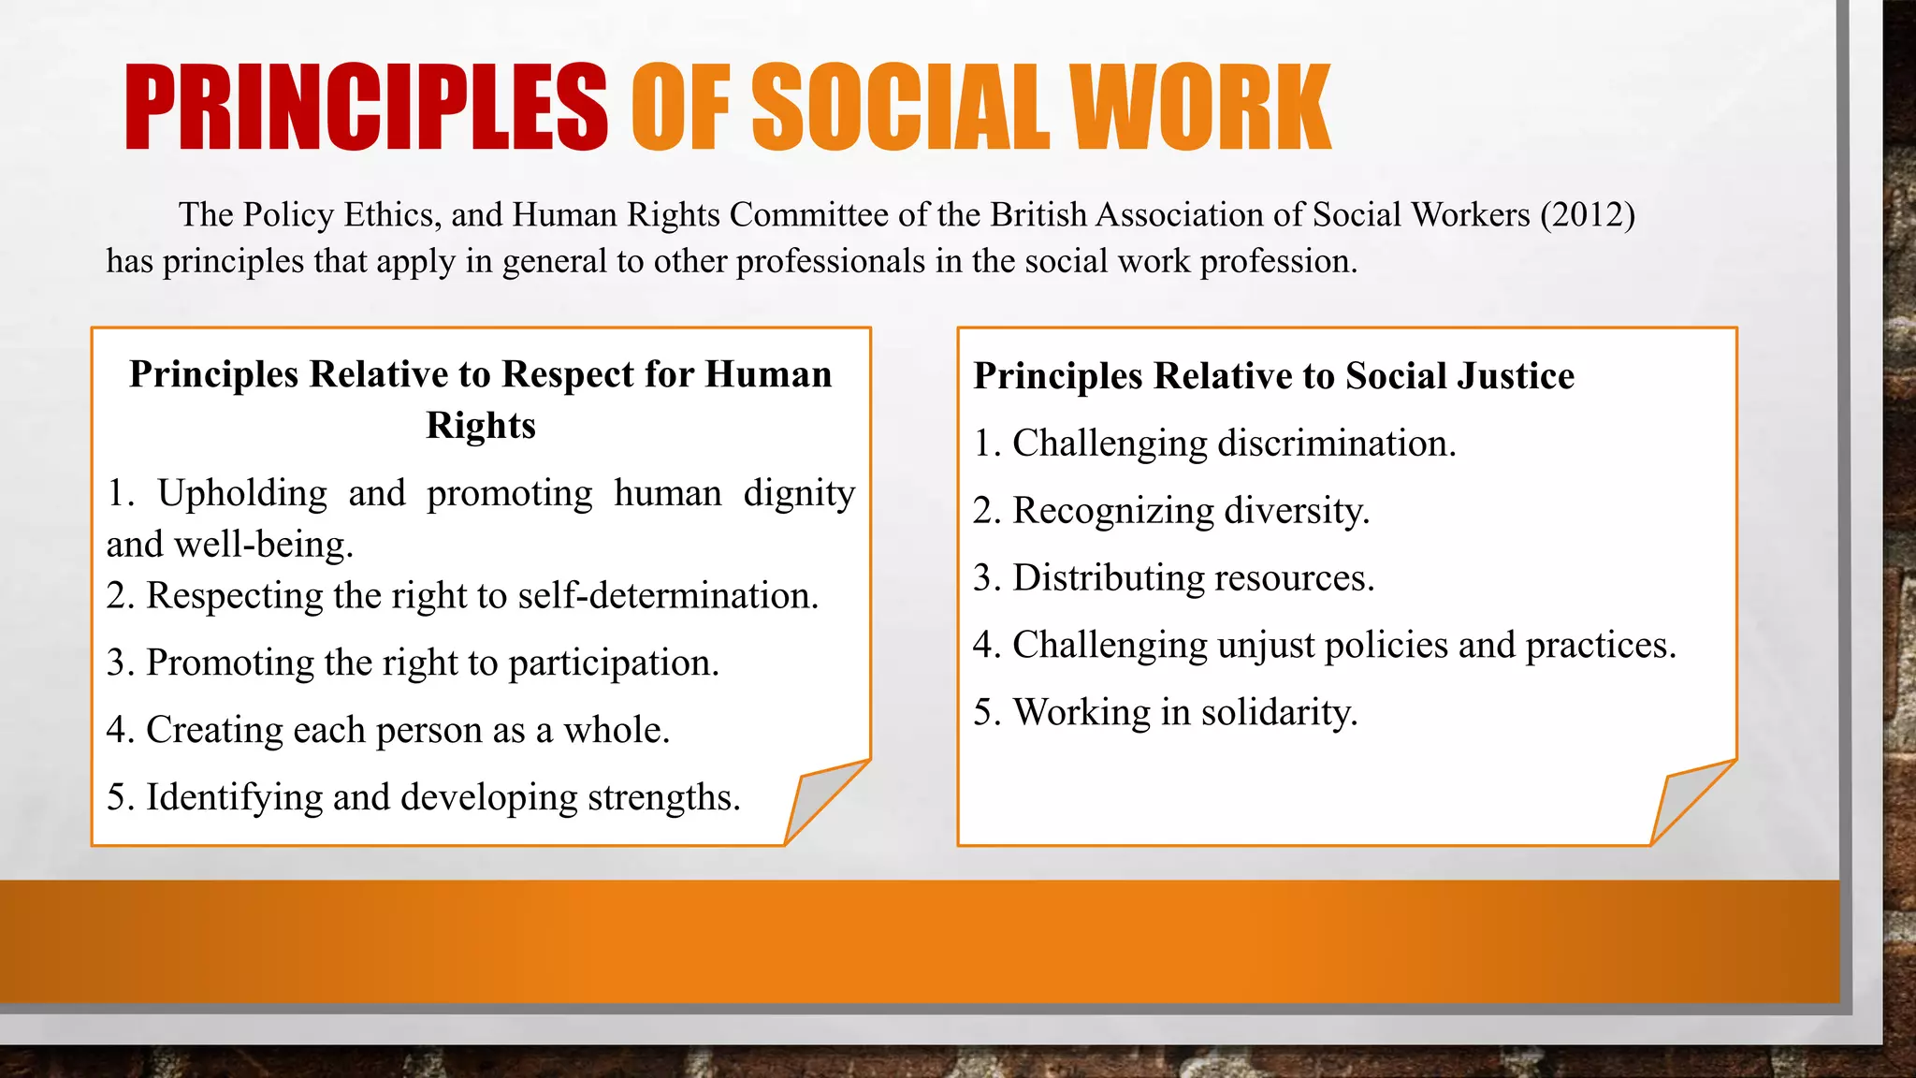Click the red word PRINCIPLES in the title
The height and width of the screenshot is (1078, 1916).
[366, 108]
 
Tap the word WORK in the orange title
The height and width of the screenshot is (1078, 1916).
[1200, 108]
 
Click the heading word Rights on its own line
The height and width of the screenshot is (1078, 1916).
[481, 426]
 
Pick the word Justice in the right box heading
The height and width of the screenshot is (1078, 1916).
[1517, 376]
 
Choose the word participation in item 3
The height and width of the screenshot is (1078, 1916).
[614, 663]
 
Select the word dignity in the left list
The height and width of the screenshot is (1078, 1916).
[799, 494]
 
